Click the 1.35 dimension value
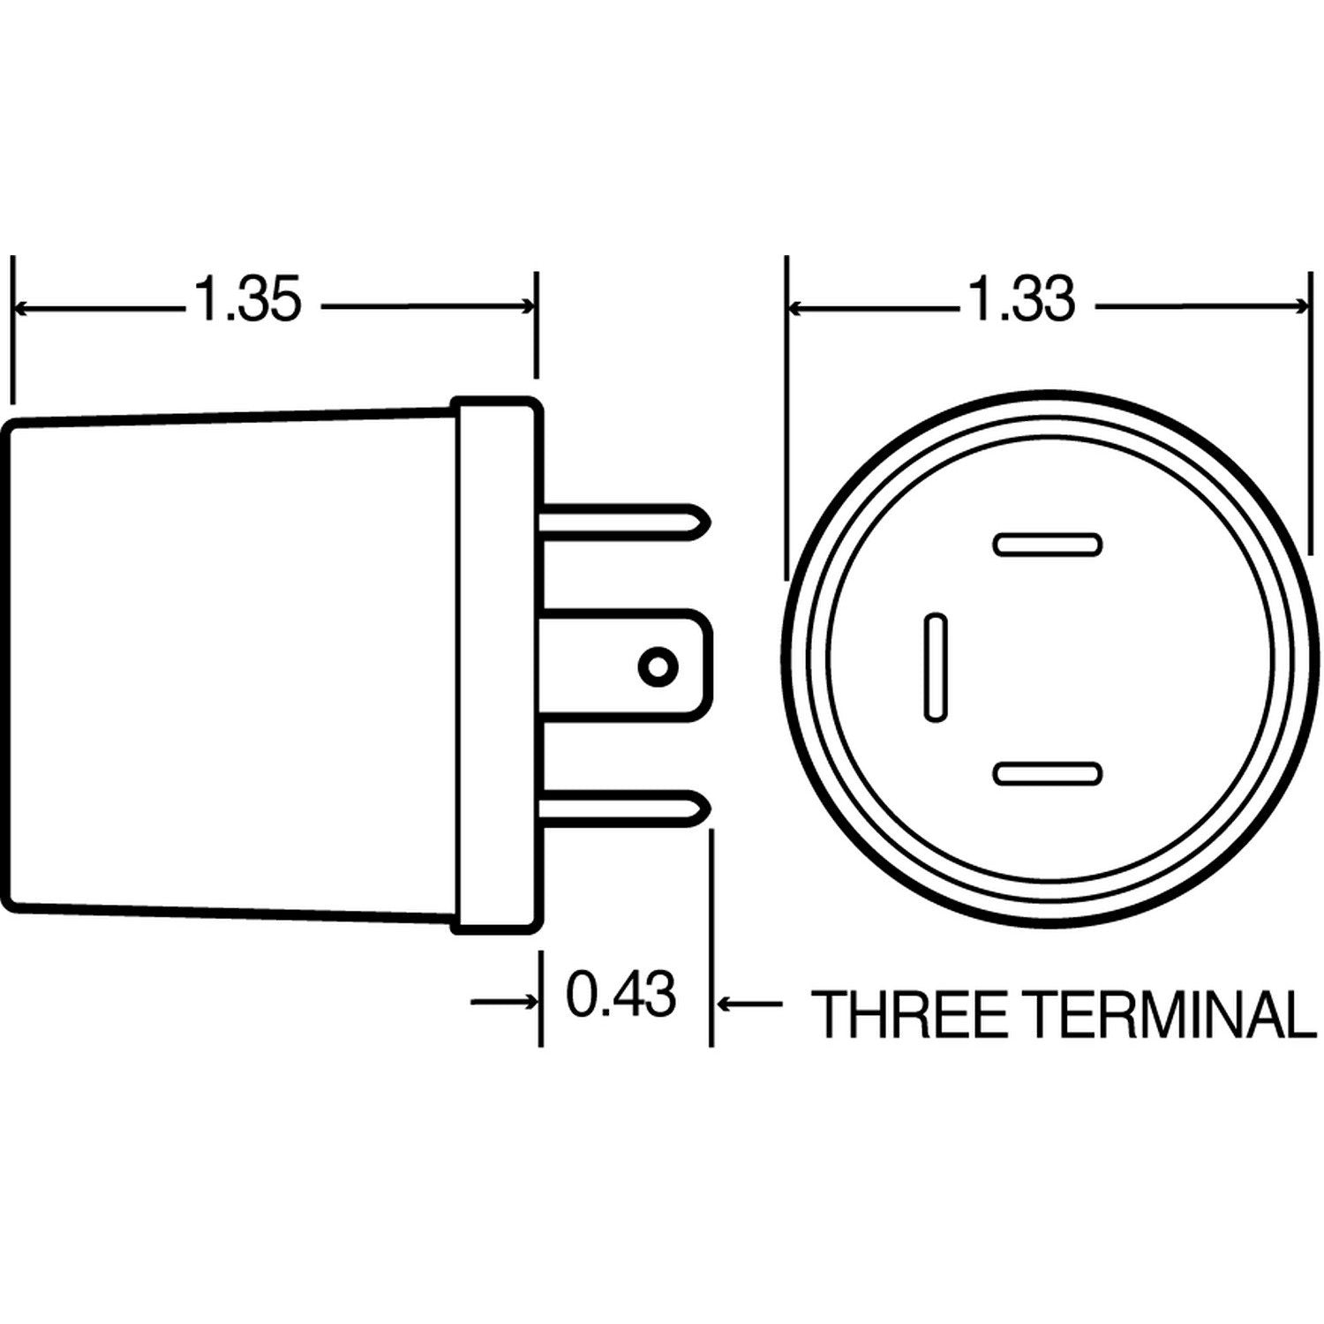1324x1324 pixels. click(x=248, y=300)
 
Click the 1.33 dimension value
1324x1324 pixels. click(x=1022, y=300)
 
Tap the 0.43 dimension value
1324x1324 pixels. click(x=621, y=994)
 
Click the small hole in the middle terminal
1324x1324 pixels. click(x=657, y=666)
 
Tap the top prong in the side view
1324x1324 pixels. click(x=618, y=521)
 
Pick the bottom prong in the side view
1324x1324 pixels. click(x=618, y=806)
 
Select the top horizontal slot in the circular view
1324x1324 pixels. click(x=1047, y=544)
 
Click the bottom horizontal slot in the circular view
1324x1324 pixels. click(x=1047, y=774)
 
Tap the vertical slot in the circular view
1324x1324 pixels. click(x=935, y=666)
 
